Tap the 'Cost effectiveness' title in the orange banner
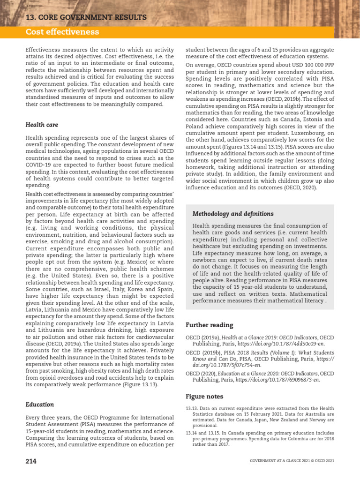62,32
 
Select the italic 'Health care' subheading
42,125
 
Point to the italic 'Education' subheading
40,404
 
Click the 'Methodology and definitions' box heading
233,214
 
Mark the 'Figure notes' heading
204,396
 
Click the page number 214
31,461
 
